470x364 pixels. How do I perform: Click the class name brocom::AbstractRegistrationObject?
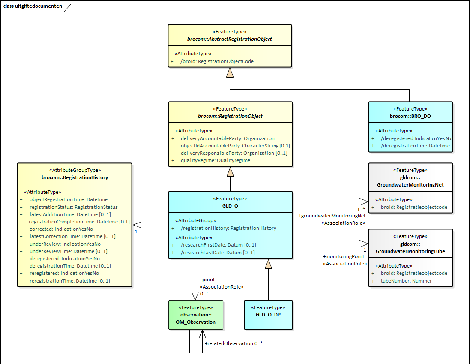pos(230,39)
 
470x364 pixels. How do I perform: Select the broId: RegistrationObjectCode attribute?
pos(217,61)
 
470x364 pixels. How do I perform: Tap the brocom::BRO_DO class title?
pos(410,116)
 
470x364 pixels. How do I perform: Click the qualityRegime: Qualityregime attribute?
pos(215,160)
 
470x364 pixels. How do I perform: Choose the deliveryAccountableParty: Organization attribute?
pos(227,138)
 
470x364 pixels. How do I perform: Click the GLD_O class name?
pos(230,205)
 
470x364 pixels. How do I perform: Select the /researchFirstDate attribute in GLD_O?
pos(218,245)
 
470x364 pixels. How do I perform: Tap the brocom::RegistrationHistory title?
pos(75,177)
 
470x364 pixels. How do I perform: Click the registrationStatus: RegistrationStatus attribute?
pos(73,207)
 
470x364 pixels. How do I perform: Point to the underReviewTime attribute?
pos(68,251)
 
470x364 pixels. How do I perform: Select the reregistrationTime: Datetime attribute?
pos(69,281)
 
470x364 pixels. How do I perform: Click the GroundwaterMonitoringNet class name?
pos(410,185)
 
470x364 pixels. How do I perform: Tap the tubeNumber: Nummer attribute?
pos(406,281)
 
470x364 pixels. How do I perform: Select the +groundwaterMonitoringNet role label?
pos(332,216)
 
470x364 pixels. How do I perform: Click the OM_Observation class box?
pos(196,315)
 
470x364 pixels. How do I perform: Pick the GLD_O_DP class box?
pos(269,314)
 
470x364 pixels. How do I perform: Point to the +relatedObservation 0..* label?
pos(234,343)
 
